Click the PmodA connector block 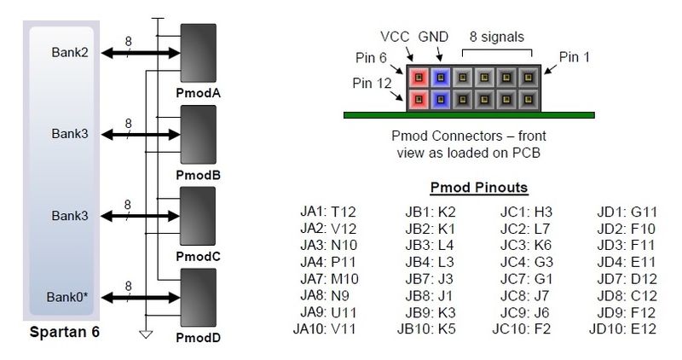[x=198, y=54]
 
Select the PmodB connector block [x=198, y=135]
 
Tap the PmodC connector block [x=198, y=216]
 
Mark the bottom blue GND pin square [x=441, y=99]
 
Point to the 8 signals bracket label [x=496, y=37]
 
